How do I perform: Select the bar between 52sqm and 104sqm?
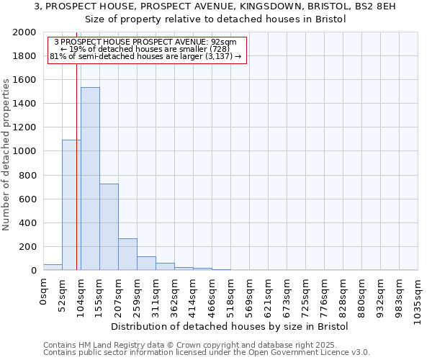(x=71, y=205)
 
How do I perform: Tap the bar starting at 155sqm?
(x=109, y=227)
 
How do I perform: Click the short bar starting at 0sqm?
(x=53, y=267)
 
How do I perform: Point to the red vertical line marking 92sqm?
(x=76, y=166)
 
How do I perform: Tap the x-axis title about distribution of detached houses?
(x=230, y=326)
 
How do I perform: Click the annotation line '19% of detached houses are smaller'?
(x=146, y=50)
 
